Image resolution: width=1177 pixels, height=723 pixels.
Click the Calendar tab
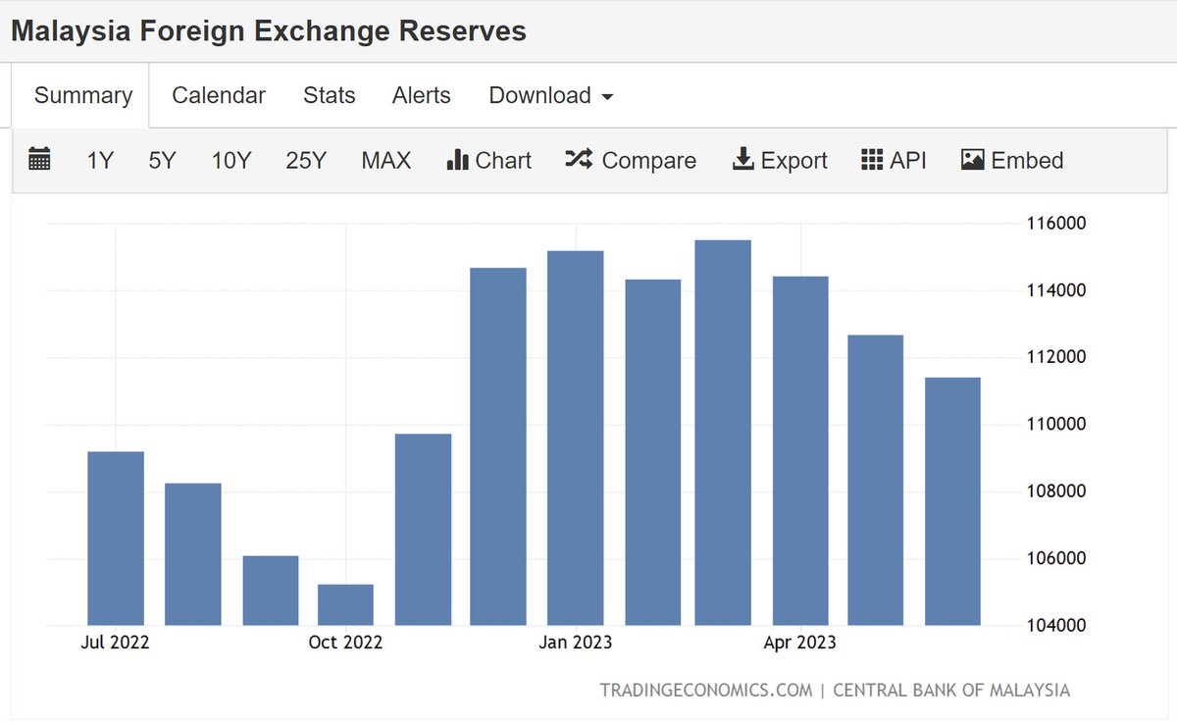[218, 95]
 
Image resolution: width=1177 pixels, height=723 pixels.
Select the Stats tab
[329, 95]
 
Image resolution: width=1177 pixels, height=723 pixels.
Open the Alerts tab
[421, 95]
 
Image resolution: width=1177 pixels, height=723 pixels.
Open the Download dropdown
[550, 95]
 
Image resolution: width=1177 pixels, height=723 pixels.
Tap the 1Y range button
[100, 160]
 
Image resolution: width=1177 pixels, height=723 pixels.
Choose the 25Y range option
[305, 160]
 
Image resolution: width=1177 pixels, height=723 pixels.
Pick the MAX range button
[385, 160]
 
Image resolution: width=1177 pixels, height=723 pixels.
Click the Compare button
[631, 160]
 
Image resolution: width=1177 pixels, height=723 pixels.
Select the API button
[894, 160]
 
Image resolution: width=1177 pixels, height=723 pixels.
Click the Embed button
[1012, 160]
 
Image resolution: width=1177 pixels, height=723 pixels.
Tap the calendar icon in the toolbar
[39, 159]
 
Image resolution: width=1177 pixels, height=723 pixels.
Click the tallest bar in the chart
[723, 432]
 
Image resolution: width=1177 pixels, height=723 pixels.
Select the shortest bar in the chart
[345, 604]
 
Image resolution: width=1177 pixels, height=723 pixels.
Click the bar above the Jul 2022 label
[116, 538]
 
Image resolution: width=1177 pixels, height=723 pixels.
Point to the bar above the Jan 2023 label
[576, 438]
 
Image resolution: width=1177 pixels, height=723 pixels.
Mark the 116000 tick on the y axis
[1056, 224]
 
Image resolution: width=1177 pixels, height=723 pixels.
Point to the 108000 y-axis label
[1056, 491]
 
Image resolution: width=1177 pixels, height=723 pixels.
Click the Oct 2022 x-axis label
[345, 643]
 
